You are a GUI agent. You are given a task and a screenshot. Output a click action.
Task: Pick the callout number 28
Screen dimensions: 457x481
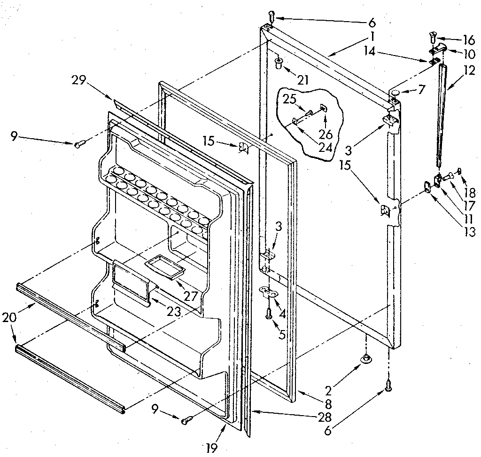click(325, 417)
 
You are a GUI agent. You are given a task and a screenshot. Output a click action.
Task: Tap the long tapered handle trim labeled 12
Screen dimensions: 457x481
click(441, 115)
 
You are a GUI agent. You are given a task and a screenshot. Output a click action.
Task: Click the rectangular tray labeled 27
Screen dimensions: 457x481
click(164, 268)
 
